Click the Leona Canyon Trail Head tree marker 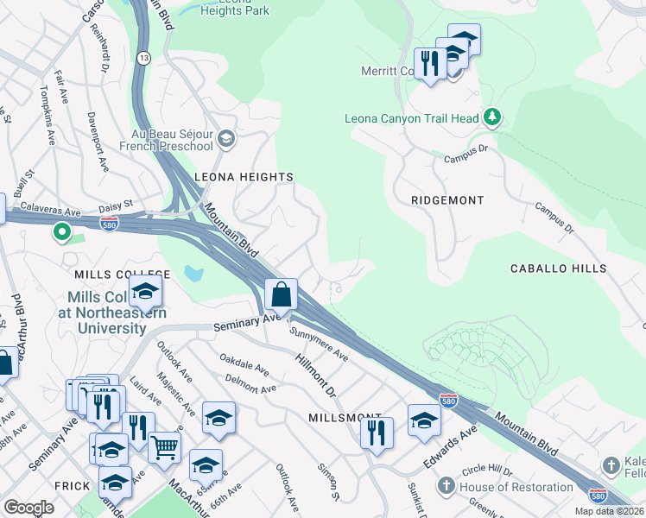[x=492, y=117]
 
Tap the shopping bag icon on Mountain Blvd [x=282, y=294]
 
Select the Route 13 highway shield [x=144, y=57]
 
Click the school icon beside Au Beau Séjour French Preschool [x=225, y=138]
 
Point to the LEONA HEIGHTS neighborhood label [x=244, y=177]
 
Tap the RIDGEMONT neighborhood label [x=447, y=200]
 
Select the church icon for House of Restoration [x=446, y=486]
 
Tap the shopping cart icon [x=164, y=446]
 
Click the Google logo [x=28, y=508]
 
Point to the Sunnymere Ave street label [x=319, y=344]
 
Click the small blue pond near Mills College [x=193, y=276]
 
